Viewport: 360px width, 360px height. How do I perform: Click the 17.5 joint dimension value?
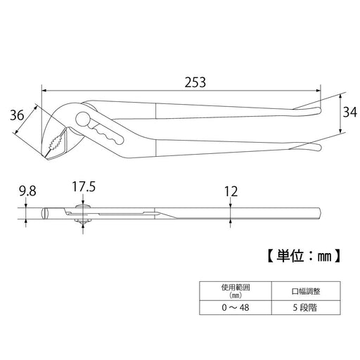84,188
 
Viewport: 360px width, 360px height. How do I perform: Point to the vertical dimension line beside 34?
341,112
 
